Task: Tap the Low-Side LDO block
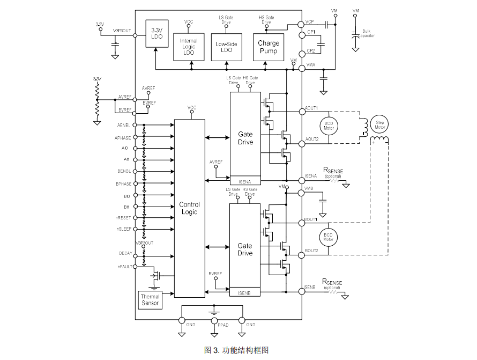(x=226, y=47)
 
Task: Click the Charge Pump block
(x=268, y=47)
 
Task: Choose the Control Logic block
(x=189, y=208)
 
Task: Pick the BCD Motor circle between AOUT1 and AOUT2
(x=329, y=127)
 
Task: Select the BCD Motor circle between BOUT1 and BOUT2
(x=329, y=237)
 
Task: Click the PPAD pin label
(x=223, y=325)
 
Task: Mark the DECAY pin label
(x=125, y=253)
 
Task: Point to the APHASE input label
(x=123, y=138)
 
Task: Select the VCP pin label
(x=309, y=22)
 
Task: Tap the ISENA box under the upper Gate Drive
(x=245, y=181)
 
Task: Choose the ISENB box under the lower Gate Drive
(x=245, y=293)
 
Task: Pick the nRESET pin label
(x=123, y=218)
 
